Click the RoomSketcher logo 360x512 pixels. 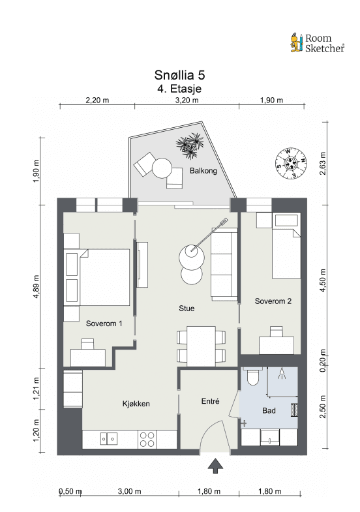(317, 43)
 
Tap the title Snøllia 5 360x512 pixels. (179, 75)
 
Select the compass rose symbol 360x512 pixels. (290, 164)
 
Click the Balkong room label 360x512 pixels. (203, 170)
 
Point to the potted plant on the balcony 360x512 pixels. (190, 145)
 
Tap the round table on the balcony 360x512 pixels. (162, 168)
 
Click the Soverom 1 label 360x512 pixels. (104, 324)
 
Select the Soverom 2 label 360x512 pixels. (273, 301)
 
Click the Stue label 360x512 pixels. (187, 309)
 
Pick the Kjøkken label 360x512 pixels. (136, 404)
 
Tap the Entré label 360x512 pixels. (210, 401)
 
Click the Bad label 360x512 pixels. (269, 410)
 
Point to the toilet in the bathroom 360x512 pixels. (253, 377)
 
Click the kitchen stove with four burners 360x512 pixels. (147, 439)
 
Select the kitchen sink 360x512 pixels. (109, 438)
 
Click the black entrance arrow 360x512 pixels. (215, 466)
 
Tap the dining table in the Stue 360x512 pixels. (201, 346)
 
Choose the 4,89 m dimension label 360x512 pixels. (36, 287)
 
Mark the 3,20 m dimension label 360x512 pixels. (187, 100)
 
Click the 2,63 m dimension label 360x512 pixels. (323, 164)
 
